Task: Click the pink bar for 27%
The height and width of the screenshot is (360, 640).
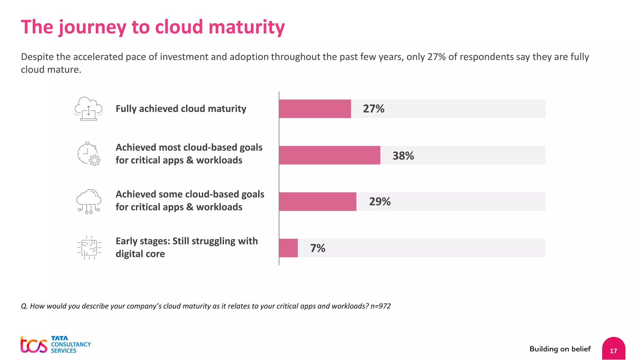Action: pyautogui.click(x=315, y=109)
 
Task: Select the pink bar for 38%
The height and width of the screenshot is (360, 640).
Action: pyautogui.click(x=330, y=155)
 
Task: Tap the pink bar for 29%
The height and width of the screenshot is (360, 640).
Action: pyautogui.click(x=317, y=202)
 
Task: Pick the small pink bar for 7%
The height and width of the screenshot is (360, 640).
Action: pyautogui.click(x=288, y=248)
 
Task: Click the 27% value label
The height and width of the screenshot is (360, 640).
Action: pyautogui.click(x=373, y=109)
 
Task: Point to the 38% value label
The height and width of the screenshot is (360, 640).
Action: pyautogui.click(x=403, y=156)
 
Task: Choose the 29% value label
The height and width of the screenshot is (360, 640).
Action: pyautogui.click(x=380, y=202)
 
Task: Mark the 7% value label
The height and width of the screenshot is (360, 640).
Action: pyautogui.click(x=317, y=248)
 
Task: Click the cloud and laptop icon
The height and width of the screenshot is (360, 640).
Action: pyautogui.click(x=88, y=109)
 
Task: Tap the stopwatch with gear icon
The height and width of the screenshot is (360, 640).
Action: pyautogui.click(x=89, y=154)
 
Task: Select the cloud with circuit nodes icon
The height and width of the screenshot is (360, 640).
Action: pyautogui.click(x=89, y=202)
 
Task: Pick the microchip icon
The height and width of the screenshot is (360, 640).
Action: pyautogui.click(x=89, y=248)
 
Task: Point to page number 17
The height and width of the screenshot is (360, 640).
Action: pyautogui.click(x=613, y=351)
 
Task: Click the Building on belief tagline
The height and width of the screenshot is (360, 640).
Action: pyautogui.click(x=560, y=349)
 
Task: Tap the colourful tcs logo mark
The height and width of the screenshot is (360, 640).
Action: pyautogui.click(x=34, y=345)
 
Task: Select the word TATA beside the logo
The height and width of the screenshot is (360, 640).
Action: pyautogui.click(x=59, y=338)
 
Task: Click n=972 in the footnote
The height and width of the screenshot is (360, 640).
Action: pyautogui.click(x=380, y=306)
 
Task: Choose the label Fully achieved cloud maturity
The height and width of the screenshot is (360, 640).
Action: pyautogui.click(x=181, y=109)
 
